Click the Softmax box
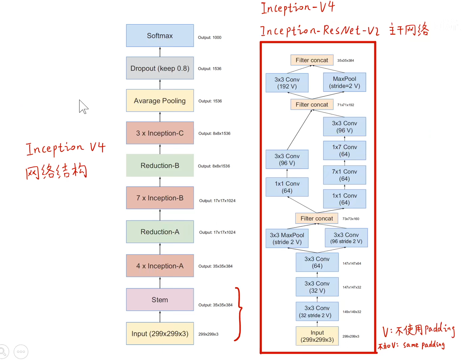[x=160, y=36]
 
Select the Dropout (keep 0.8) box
[x=160, y=68]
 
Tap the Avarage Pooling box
[x=160, y=101]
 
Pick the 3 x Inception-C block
[x=160, y=133]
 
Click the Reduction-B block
[x=160, y=166]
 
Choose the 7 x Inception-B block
[x=160, y=198]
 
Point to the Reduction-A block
[x=160, y=232]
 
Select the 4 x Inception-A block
[x=160, y=266]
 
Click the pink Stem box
[x=160, y=300]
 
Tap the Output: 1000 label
[x=209, y=38]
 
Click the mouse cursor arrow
[x=83, y=107]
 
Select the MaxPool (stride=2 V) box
[x=344, y=82]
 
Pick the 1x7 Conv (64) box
[x=344, y=151]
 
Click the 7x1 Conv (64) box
[x=344, y=175]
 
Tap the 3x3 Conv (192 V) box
[x=287, y=83]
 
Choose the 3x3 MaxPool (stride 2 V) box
[x=287, y=239]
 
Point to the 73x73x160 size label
[x=351, y=219]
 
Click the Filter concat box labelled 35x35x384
[x=312, y=60]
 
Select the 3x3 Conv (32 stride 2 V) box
[x=317, y=312]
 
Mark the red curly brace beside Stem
[x=239, y=314]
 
